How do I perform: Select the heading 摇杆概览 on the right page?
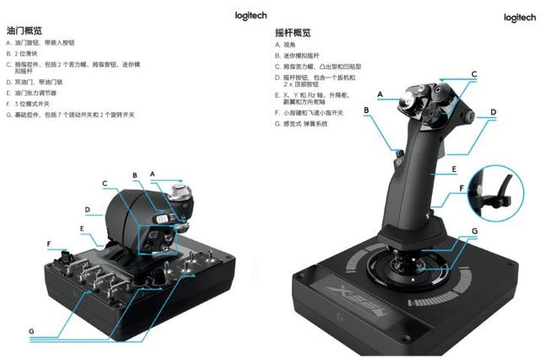293,33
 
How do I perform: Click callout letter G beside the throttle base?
31,332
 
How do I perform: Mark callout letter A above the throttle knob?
152,173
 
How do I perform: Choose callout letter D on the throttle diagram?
87,208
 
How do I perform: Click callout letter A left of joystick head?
381,94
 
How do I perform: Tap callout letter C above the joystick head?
474,74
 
